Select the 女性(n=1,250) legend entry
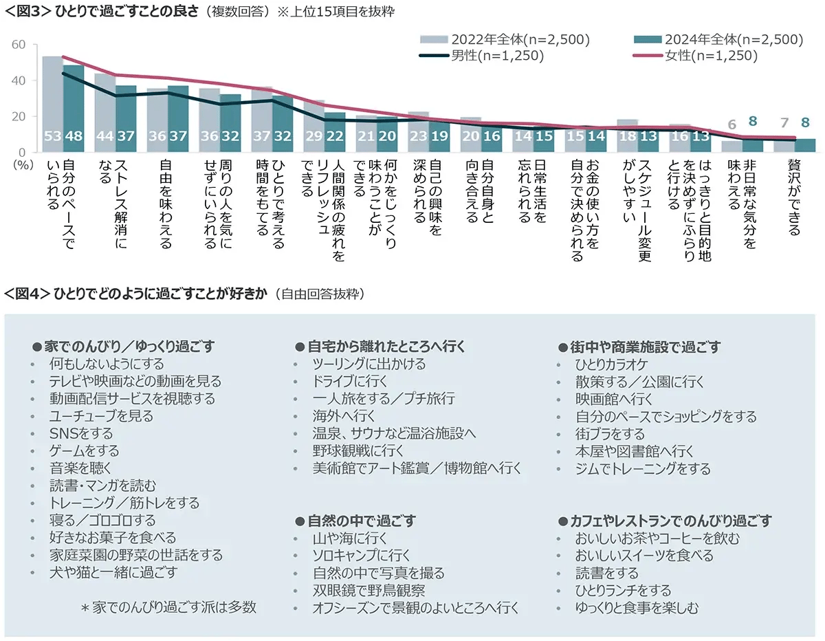[x=710, y=56]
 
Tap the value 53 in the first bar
[x=52, y=136]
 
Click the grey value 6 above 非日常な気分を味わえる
[x=732, y=124]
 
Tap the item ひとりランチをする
[x=623, y=591]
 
